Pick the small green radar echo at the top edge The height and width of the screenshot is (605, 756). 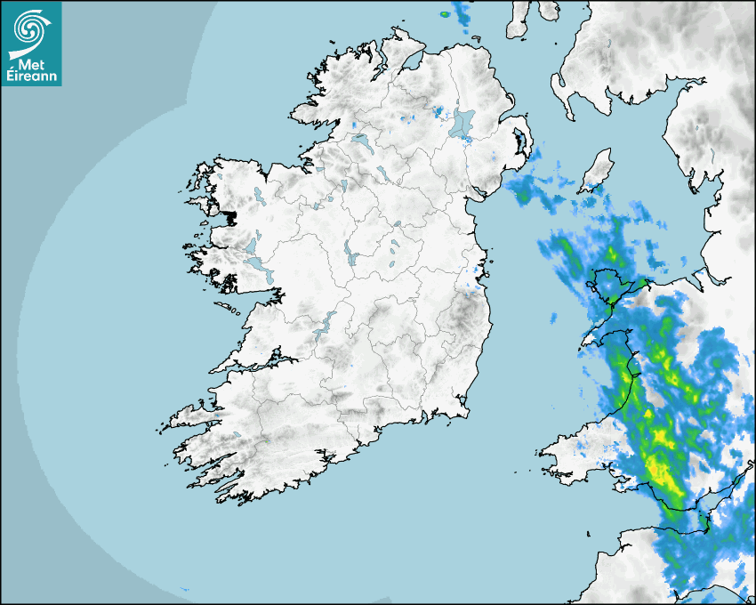click(x=445, y=14)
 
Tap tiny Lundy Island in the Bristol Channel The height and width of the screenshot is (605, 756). click(x=588, y=533)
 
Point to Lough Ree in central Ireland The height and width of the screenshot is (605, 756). click(x=350, y=255)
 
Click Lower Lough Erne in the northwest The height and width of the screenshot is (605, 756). click(x=363, y=142)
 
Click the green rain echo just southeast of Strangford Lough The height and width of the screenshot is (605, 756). click(x=524, y=188)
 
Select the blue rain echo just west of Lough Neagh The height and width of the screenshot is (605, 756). click(x=437, y=112)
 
